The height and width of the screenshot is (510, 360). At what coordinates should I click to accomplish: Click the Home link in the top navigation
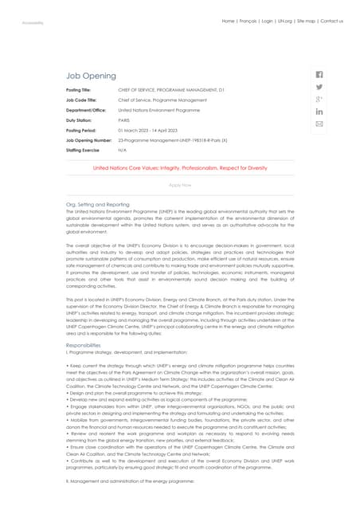click(x=228, y=21)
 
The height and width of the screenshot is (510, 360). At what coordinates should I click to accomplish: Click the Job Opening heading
click(x=91, y=76)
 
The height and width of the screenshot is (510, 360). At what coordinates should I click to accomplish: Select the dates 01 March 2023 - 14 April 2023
click(x=147, y=130)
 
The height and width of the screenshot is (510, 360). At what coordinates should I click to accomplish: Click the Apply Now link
click(x=180, y=185)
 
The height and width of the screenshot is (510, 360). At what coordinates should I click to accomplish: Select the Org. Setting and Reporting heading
click(x=97, y=205)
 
